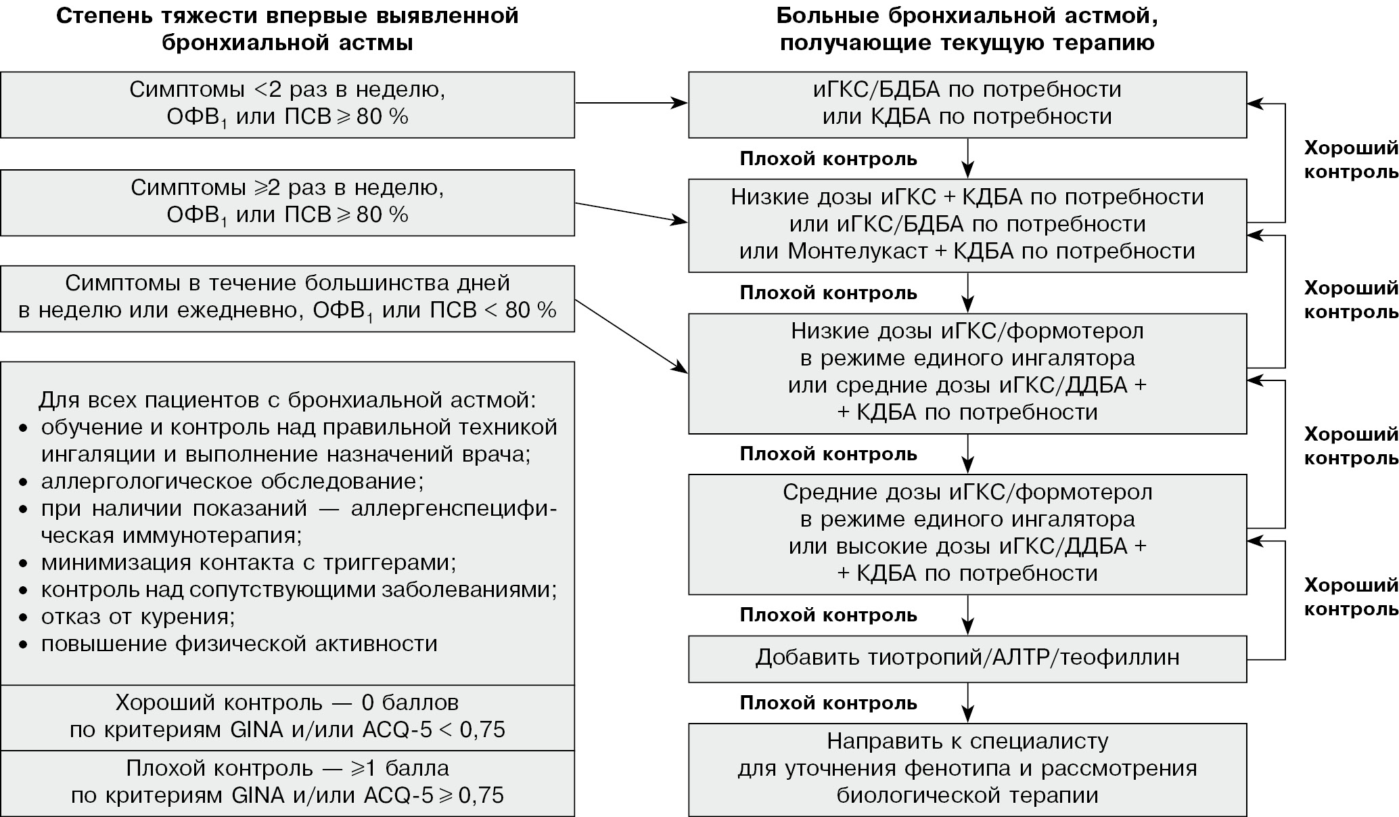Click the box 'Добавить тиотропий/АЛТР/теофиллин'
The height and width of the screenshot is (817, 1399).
tap(967, 658)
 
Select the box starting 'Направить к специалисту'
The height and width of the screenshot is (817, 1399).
tap(967, 770)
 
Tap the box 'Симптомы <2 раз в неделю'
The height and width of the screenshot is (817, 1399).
tap(288, 104)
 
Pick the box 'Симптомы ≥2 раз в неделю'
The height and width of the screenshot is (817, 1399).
tap(288, 202)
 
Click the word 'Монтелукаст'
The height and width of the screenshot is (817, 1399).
tap(858, 251)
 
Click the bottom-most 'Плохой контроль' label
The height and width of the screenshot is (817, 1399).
tap(828, 703)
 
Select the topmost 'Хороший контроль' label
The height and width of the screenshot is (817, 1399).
tap(1350, 160)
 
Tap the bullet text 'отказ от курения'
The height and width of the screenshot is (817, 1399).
tap(138, 617)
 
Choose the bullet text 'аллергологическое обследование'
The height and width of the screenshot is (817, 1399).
tap(232, 481)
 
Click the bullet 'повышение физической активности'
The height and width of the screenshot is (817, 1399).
tap(239, 643)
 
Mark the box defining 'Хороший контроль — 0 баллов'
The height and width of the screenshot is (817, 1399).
tap(288, 716)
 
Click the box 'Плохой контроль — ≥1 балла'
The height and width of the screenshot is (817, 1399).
tap(288, 782)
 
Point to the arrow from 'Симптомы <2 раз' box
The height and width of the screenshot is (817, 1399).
tap(630, 104)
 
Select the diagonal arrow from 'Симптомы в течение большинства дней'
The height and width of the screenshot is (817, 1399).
tap(630, 336)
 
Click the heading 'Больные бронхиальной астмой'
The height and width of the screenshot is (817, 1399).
tap(967, 15)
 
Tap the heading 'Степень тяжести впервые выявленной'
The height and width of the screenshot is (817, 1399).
tap(288, 15)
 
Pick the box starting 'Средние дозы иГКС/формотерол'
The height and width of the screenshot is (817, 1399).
tap(967, 533)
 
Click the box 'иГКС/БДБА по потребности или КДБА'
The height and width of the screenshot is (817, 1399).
tap(967, 104)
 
